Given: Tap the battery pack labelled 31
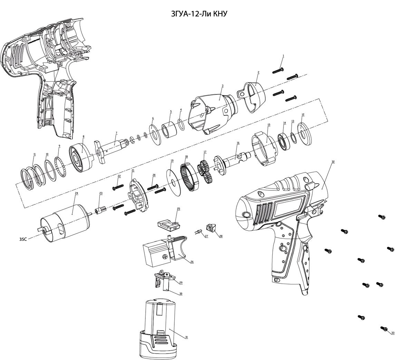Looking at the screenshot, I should [159, 328].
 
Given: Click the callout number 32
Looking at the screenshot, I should [333, 162].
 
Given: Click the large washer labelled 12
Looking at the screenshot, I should [305, 133].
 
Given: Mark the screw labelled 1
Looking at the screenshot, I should [278, 70].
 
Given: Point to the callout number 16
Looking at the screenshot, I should [238, 143].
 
